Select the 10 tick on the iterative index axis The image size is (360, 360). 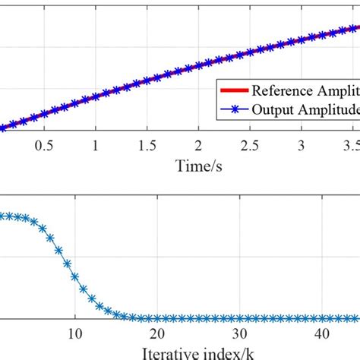pyautogui.click(x=74, y=333)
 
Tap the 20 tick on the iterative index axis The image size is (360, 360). pyautogui.click(x=157, y=333)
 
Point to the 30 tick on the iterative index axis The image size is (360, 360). pyautogui.click(x=239, y=333)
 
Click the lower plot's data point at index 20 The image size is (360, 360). pyautogui.click(x=157, y=317)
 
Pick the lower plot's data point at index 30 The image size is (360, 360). pyautogui.click(x=239, y=317)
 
